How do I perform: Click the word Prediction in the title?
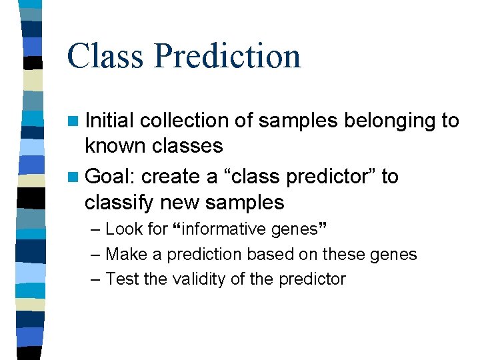(x=227, y=57)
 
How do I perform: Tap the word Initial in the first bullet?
(x=109, y=121)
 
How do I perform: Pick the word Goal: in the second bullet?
(x=111, y=177)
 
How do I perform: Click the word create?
(x=172, y=177)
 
